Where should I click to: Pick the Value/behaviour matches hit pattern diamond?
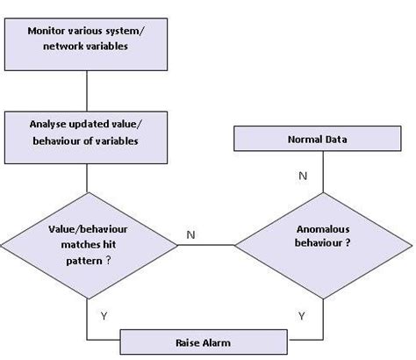86,244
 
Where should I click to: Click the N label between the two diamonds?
190,235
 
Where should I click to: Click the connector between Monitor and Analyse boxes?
86,90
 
